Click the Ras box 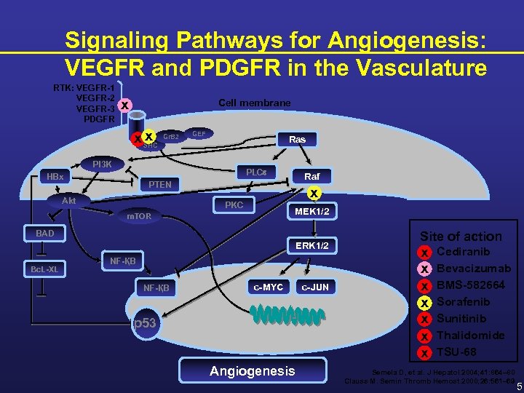click(x=297, y=139)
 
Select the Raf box click(x=311, y=176)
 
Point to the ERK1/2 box click(x=312, y=246)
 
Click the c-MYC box click(x=269, y=287)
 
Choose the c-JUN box click(x=315, y=287)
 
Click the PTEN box click(x=159, y=185)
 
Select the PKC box click(x=234, y=205)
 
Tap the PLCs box click(x=255, y=172)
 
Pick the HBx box click(x=55, y=176)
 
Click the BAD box click(x=46, y=234)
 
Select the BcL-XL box click(x=44, y=269)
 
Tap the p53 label click(x=144, y=322)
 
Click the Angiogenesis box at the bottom click(x=253, y=371)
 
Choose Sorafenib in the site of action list click(x=463, y=301)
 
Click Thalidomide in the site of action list click(x=471, y=336)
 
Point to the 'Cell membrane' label click(x=254, y=103)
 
